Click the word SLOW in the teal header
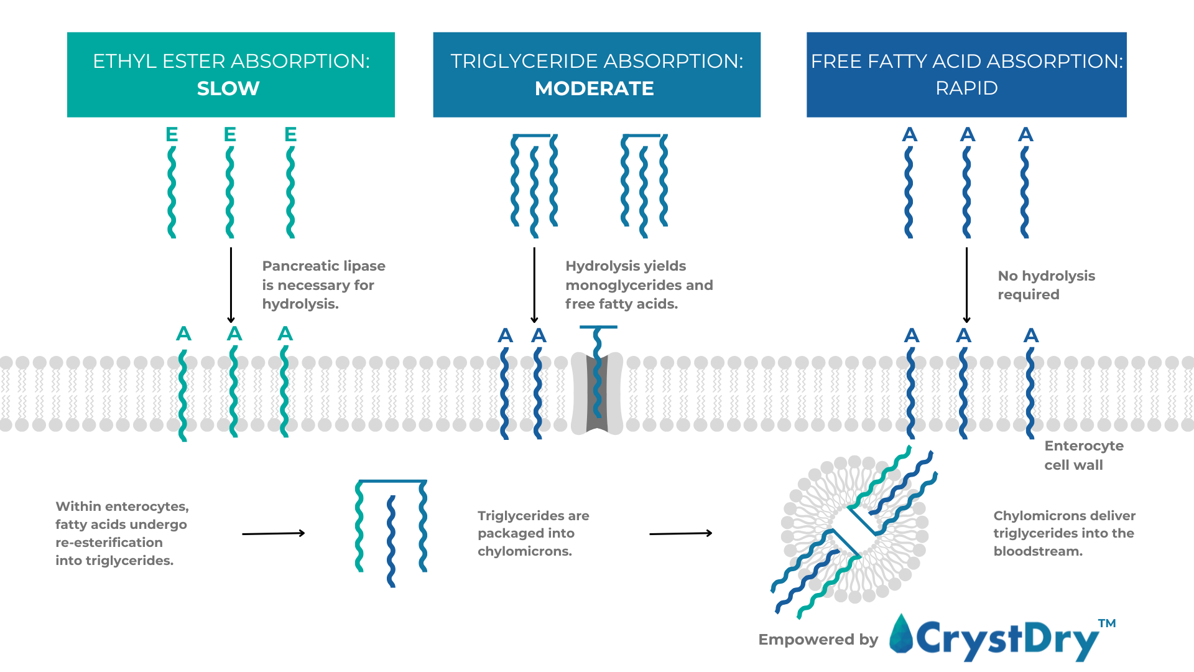point(228,88)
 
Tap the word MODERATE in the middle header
point(594,88)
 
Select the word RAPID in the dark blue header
point(966,88)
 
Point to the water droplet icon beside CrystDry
point(901,635)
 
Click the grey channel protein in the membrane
point(597,393)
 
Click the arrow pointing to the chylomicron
point(680,533)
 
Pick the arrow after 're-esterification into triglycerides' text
point(273,533)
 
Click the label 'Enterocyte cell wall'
point(1083,455)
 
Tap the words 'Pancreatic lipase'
point(323,266)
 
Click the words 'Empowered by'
point(818,640)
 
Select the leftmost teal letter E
point(172,134)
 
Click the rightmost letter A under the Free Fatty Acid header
point(1025,134)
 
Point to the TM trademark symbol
point(1106,623)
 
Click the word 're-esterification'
point(109,543)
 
